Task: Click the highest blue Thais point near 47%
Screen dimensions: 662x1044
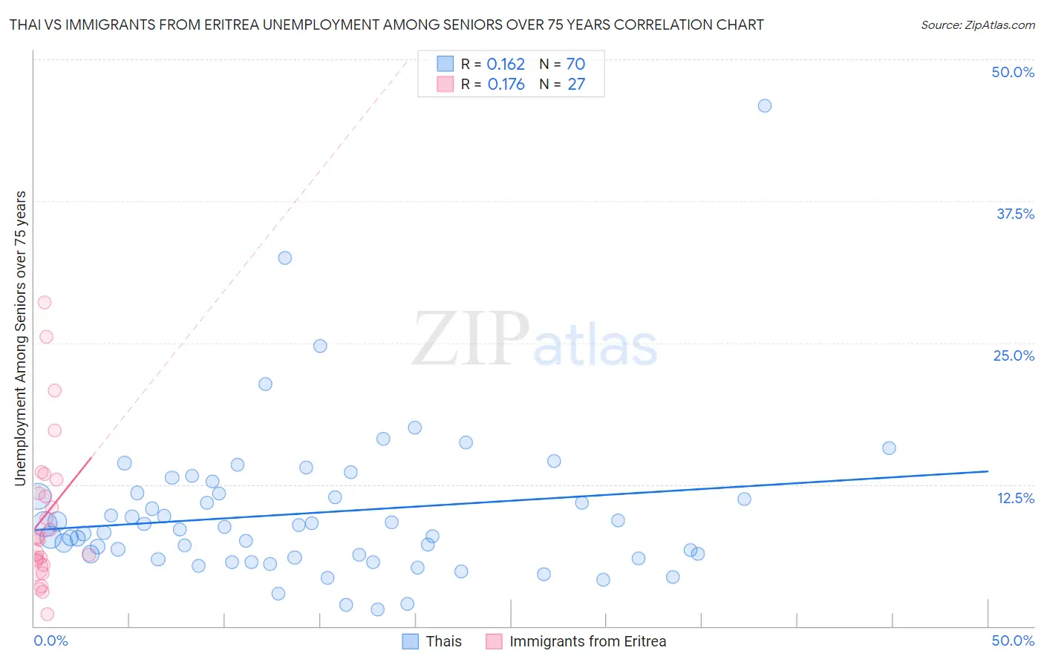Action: click(x=764, y=106)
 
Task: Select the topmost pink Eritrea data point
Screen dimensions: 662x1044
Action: click(x=45, y=302)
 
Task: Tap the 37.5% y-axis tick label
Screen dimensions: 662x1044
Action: click(x=1015, y=214)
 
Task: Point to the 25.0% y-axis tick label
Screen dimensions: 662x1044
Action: click(x=1014, y=355)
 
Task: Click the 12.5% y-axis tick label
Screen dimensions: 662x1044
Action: click(x=1015, y=498)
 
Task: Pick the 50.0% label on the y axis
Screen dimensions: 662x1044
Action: click(x=1013, y=72)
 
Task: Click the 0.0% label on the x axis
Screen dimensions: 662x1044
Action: click(x=50, y=640)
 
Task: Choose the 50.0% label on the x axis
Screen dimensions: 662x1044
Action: click(x=1013, y=640)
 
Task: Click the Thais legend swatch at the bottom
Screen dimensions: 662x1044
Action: click(x=411, y=641)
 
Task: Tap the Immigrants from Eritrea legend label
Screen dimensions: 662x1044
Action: click(x=587, y=641)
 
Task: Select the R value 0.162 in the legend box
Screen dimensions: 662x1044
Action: click(x=506, y=65)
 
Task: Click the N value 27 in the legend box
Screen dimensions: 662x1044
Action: click(x=576, y=85)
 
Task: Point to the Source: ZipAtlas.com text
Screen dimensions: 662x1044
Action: click(x=977, y=25)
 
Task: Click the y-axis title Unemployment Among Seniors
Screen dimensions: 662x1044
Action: click(x=21, y=338)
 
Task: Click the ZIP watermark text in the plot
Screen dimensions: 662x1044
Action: click(x=471, y=340)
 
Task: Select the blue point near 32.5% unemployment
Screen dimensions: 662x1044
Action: click(x=284, y=258)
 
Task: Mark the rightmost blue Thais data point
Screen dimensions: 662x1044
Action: click(x=889, y=448)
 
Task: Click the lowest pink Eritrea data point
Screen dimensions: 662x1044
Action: click(x=47, y=614)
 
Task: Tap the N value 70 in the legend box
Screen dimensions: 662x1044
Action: click(x=575, y=65)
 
